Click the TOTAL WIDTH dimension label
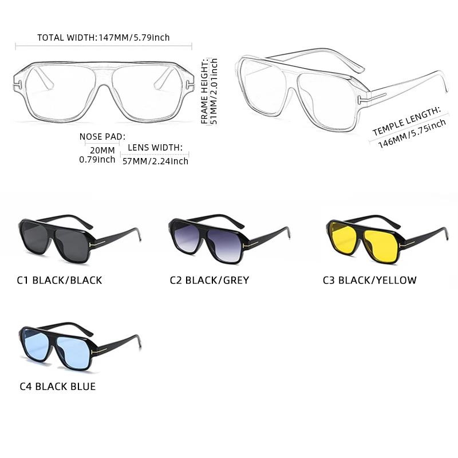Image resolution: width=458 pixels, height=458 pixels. tap(104, 38)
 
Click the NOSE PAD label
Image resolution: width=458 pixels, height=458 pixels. tap(102, 136)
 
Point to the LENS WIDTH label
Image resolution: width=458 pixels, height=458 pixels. tap(155, 148)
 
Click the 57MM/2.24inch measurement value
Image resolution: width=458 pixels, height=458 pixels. tap(155, 161)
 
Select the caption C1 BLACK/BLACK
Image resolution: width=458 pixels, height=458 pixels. tap(60, 281)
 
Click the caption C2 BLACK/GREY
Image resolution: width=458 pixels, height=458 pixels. tap(210, 281)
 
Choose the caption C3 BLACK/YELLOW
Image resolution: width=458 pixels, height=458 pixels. tap(369, 281)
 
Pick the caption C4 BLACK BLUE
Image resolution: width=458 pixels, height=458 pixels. tap(57, 386)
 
